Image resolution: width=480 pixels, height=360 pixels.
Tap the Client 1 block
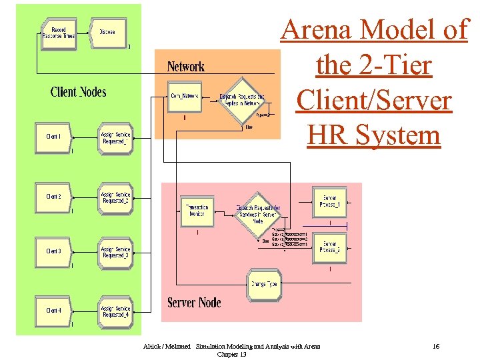tap(53, 137)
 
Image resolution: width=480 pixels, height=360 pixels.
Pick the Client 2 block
tap(53, 197)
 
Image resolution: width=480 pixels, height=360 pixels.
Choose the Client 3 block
tap(53, 251)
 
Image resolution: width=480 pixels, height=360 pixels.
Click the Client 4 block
tap(53, 311)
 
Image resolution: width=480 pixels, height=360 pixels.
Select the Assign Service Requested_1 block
tap(115, 137)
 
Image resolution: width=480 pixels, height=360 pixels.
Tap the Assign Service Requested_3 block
tap(115, 252)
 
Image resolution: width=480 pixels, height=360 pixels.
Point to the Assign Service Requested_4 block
tap(115, 311)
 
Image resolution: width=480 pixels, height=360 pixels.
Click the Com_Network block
tap(184, 97)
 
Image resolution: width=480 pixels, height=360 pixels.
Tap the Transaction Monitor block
tap(197, 211)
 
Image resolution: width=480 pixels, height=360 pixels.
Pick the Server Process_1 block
tap(330, 201)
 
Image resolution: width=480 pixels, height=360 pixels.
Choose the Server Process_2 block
tap(330, 247)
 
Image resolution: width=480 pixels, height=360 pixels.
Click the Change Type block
tap(264, 284)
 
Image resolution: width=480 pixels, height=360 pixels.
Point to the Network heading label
tap(185, 67)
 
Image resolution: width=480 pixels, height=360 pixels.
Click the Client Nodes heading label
tap(78, 92)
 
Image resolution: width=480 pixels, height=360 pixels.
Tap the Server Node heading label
tap(194, 303)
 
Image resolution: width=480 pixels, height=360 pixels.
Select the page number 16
tap(436, 347)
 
